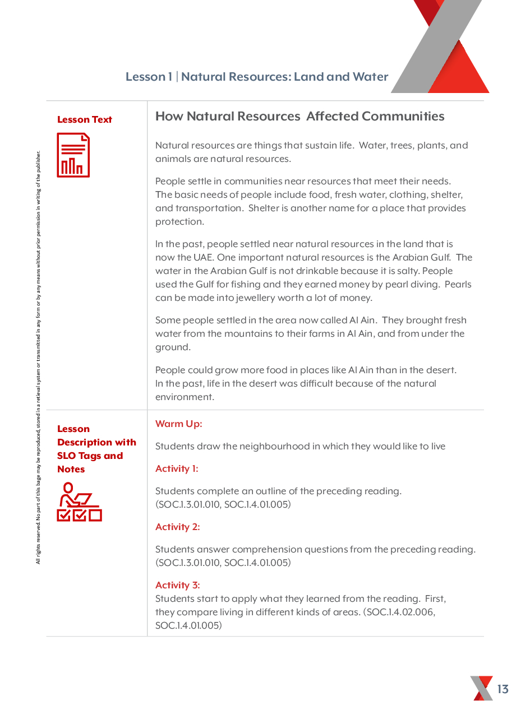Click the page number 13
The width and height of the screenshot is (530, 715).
point(503,689)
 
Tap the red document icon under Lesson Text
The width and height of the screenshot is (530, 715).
point(73,155)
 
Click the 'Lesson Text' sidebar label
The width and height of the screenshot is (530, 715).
point(85,119)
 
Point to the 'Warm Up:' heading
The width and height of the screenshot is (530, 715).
point(178,424)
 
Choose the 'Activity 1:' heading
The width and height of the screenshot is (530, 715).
point(177,468)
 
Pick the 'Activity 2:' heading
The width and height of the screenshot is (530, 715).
point(177,527)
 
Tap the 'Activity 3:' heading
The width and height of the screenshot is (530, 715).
point(177,585)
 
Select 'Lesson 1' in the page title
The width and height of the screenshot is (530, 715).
point(149,77)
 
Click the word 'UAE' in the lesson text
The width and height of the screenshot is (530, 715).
point(202,257)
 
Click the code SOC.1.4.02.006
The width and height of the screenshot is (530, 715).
point(399,612)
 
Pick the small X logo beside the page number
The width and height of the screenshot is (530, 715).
point(481,688)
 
